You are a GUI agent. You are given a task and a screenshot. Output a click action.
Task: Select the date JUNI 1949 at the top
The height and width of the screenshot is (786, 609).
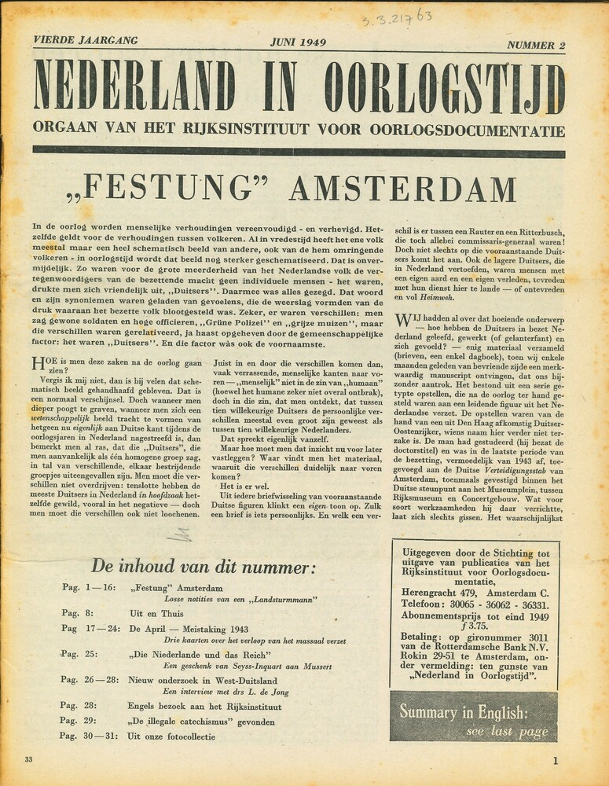tap(299, 42)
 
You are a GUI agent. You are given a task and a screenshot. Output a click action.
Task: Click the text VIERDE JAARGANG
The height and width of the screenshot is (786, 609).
tap(86, 40)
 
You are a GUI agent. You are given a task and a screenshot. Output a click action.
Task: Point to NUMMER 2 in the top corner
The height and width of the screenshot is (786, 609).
tap(536, 45)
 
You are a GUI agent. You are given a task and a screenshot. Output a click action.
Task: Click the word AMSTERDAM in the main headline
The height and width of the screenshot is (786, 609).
tap(402, 189)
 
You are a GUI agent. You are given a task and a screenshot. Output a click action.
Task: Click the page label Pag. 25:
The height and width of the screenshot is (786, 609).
tap(79, 654)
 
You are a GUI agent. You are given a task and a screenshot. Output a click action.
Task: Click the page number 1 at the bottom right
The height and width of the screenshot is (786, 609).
tap(555, 760)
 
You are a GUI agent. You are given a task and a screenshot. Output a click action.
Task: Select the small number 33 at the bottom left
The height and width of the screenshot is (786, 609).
tap(29, 759)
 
